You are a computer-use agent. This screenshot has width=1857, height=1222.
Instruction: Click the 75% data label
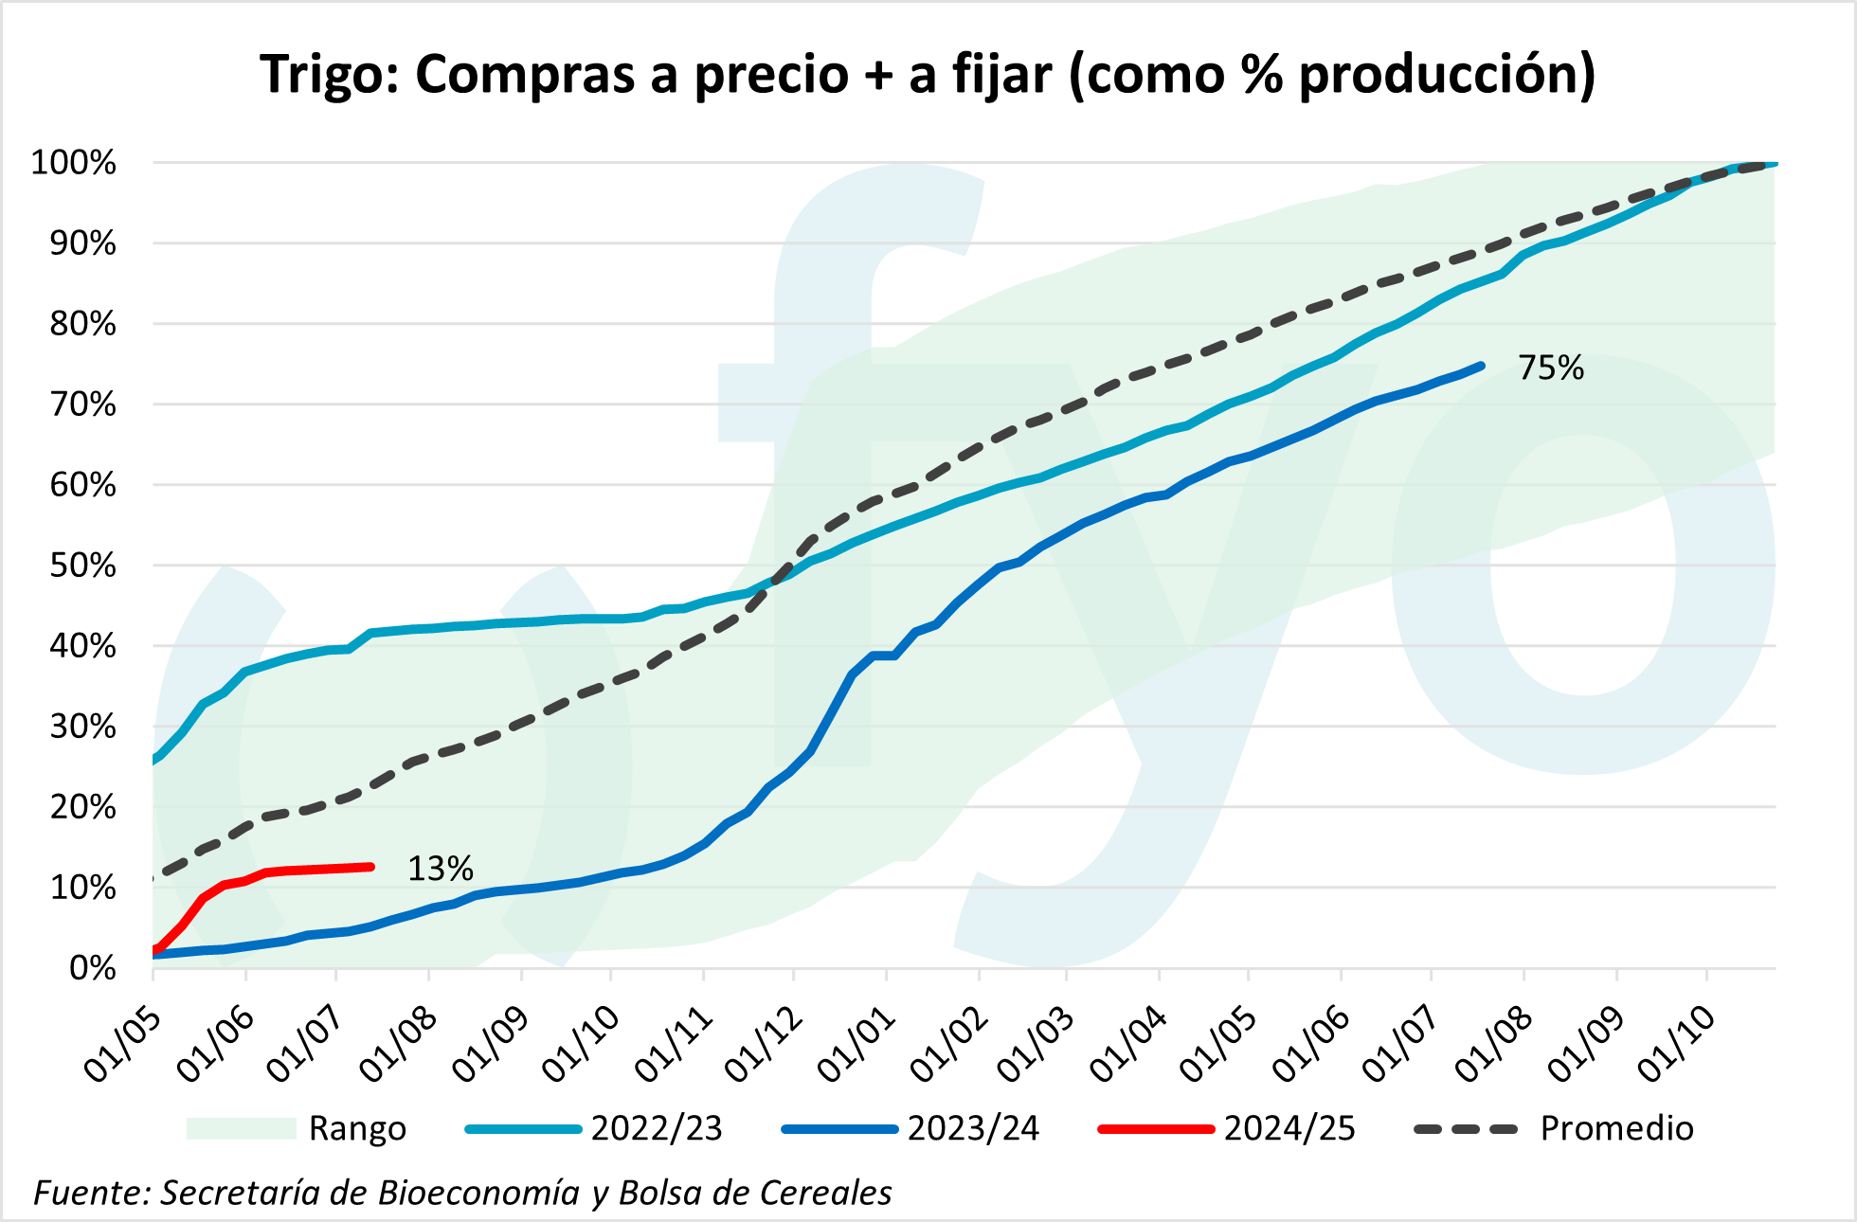tap(1550, 368)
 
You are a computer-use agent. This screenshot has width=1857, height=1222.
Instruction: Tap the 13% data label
tap(440, 869)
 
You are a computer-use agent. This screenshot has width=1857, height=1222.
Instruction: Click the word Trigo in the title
tap(322, 74)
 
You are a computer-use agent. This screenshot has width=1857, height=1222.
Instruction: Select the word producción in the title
tap(1447, 76)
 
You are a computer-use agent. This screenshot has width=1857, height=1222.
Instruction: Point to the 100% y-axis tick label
tap(74, 163)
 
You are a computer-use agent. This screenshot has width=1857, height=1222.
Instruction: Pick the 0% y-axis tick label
tap(92, 968)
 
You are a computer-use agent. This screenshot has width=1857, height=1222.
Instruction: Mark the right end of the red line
tap(371, 867)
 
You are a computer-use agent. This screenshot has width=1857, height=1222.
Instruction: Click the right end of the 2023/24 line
tap(1481, 366)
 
